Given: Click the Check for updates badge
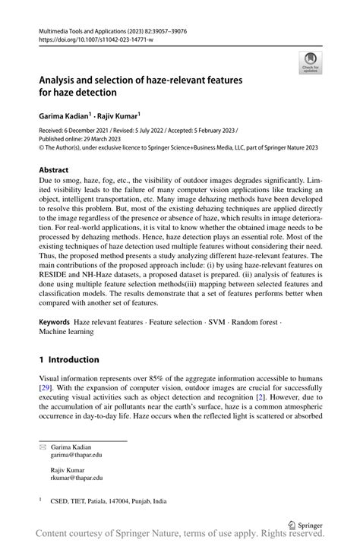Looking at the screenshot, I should (310, 63).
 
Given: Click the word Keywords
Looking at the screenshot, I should (55, 323).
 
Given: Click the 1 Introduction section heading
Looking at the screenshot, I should (69, 359).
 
